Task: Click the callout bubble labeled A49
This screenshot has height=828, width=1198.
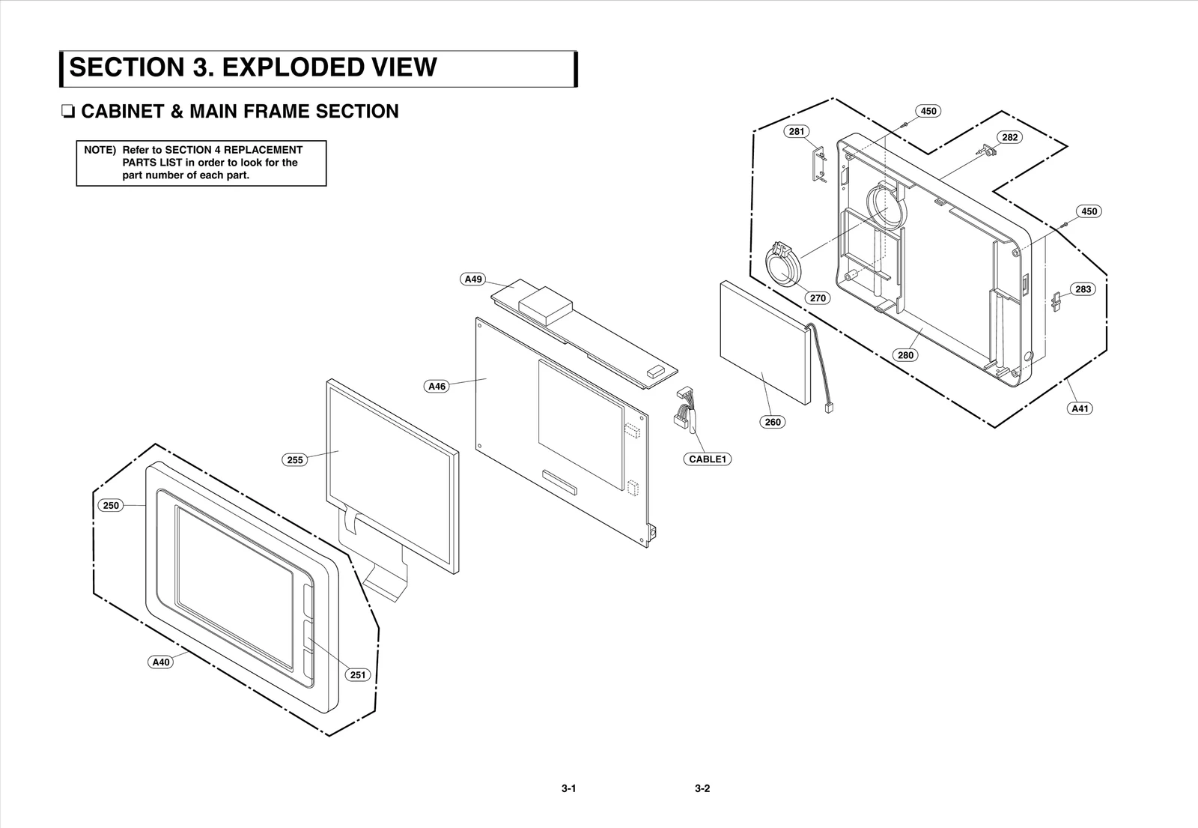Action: [473, 279]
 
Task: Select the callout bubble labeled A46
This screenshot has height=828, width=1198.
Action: [437, 387]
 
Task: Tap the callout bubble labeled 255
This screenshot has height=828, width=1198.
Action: [295, 459]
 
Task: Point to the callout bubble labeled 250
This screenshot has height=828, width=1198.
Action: [111, 505]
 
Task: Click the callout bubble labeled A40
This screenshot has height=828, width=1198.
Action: [161, 662]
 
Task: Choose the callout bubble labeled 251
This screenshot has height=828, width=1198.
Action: [358, 674]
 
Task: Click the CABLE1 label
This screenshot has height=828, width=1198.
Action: [708, 459]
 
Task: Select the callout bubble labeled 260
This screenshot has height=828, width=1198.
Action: [773, 422]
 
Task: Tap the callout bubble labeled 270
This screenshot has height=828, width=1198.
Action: [818, 297]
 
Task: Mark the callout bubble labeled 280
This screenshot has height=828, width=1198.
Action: [906, 354]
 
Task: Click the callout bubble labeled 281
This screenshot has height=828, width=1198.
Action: [797, 131]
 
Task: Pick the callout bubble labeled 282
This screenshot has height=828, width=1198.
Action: [1009, 137]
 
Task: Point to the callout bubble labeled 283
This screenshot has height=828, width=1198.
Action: [1083, 288]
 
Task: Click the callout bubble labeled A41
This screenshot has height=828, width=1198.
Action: [1080, 408]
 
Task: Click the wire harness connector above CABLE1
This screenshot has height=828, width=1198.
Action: [684, 408]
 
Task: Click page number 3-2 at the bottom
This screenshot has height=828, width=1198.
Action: [702, 788]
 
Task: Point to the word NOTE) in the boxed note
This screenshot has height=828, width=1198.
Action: [100, 150]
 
